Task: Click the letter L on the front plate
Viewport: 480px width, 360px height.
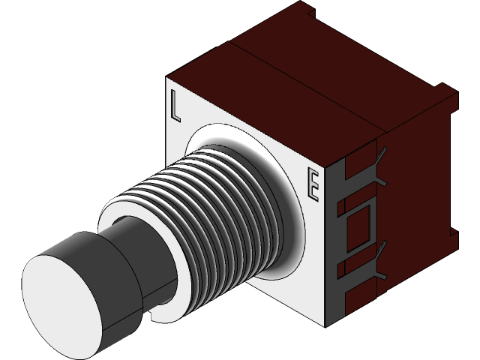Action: [175, 106]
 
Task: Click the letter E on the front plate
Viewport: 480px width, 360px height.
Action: [314, 187]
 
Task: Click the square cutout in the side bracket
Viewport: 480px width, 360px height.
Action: [361, 224]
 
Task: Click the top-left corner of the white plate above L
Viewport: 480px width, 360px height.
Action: [169, 79]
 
